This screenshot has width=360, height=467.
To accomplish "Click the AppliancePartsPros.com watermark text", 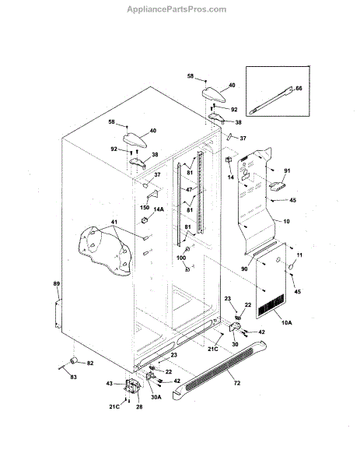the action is click(177, 9).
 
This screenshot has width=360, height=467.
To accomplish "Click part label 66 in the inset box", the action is click(299, 89).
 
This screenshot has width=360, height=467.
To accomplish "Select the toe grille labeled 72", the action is click(219, 370).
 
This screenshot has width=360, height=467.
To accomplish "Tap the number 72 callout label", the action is click(237, 383).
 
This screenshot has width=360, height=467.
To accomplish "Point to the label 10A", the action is click(286, 322).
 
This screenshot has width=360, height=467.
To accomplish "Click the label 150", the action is click(145, 207).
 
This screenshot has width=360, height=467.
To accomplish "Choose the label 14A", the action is click(159, 209).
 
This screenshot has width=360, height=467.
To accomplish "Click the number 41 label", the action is click(114, 222).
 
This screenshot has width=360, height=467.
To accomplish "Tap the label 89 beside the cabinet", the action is click(57, 284).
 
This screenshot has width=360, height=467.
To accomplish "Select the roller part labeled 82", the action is click(74, 360).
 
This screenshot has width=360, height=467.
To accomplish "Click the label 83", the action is click(73, 377).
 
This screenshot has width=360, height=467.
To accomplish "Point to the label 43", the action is click(110, 383).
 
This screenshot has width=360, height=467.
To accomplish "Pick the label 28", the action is click(139, 406).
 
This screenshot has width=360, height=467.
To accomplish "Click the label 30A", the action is click(156, 397).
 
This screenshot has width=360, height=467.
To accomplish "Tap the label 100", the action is click(181, 258).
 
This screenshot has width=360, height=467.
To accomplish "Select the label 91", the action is click(287, 170).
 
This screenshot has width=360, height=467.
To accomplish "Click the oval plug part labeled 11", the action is click(292, 265).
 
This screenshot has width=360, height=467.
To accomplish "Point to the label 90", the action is click(244, 269).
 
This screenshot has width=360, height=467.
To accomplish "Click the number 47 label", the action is click(189, 189).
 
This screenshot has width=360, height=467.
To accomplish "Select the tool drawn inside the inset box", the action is click(271, 100).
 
